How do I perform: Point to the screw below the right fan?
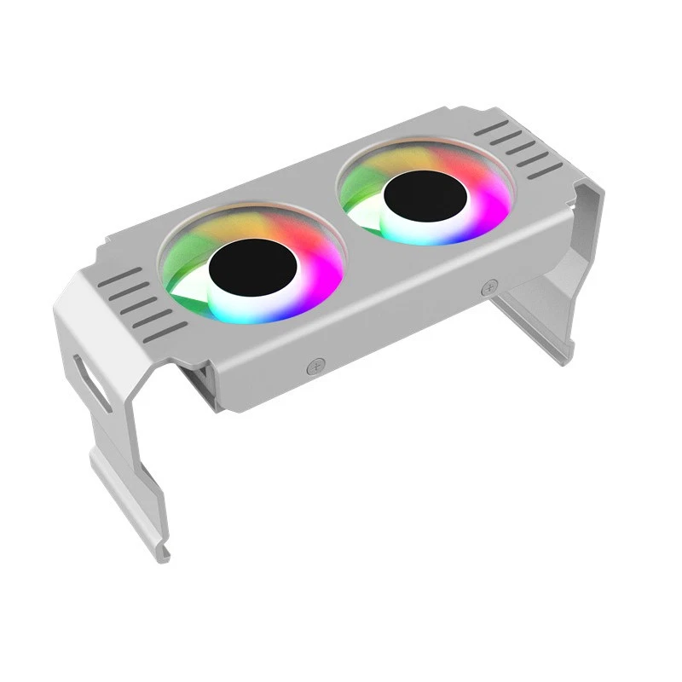click(489, 289)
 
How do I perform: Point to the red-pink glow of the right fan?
click(465, 162)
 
